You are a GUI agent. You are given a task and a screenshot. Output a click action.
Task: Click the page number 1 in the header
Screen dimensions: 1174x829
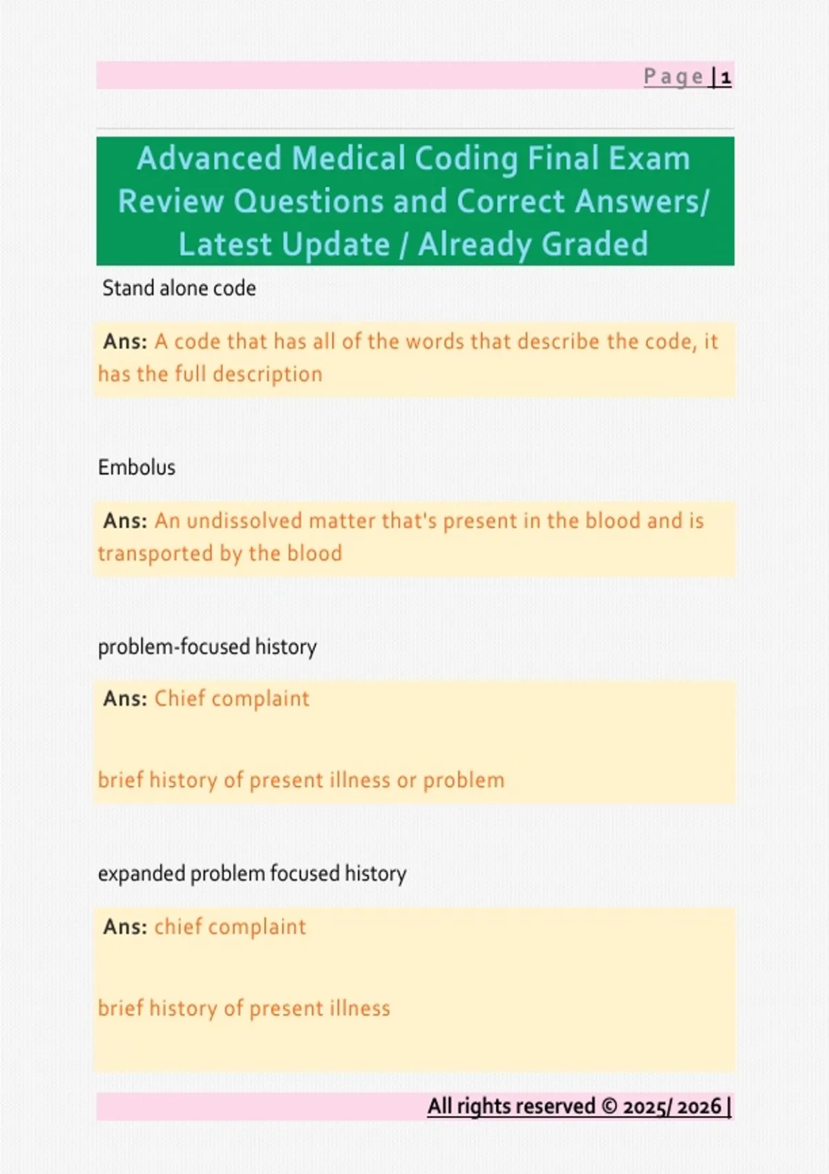click(725, 77)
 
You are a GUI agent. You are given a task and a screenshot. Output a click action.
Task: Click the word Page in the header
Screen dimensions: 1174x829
click(674, 76)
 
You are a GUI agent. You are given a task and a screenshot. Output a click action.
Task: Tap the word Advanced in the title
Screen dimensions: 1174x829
click(209, 158)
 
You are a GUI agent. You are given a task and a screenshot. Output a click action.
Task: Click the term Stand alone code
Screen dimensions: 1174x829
click(179, 288)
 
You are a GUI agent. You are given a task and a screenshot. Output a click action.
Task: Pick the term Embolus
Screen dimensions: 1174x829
click(137, 468)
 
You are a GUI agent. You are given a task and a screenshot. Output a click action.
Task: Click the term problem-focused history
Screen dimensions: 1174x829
click(207, 647)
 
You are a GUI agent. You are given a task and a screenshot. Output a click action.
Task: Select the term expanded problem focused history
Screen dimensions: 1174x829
click(252, 874)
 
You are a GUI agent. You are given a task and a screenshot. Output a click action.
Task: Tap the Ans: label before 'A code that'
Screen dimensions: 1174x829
click(125, 341)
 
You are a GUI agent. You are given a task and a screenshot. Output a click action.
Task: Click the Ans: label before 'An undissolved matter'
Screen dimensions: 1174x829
click(125, 521)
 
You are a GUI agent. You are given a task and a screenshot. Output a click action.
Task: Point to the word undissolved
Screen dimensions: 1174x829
click(245, 521)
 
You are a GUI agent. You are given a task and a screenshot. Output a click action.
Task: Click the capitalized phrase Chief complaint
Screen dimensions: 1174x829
click(231, 699)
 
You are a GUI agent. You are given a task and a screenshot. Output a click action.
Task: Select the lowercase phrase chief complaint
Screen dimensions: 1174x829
click(230, 927)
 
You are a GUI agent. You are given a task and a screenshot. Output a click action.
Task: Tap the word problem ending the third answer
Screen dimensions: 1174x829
click(464, 780)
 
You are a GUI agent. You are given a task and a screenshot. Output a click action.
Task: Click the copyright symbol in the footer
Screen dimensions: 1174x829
click(609, 1106)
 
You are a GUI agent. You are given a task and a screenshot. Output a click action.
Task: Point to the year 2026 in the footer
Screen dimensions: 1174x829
click(699, 1106)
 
